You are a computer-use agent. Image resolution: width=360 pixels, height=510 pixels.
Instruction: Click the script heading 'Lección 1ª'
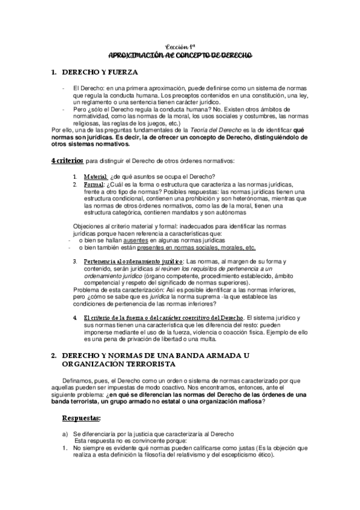180,46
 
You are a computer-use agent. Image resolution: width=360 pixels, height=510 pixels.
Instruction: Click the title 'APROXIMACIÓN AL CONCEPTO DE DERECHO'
180,55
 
